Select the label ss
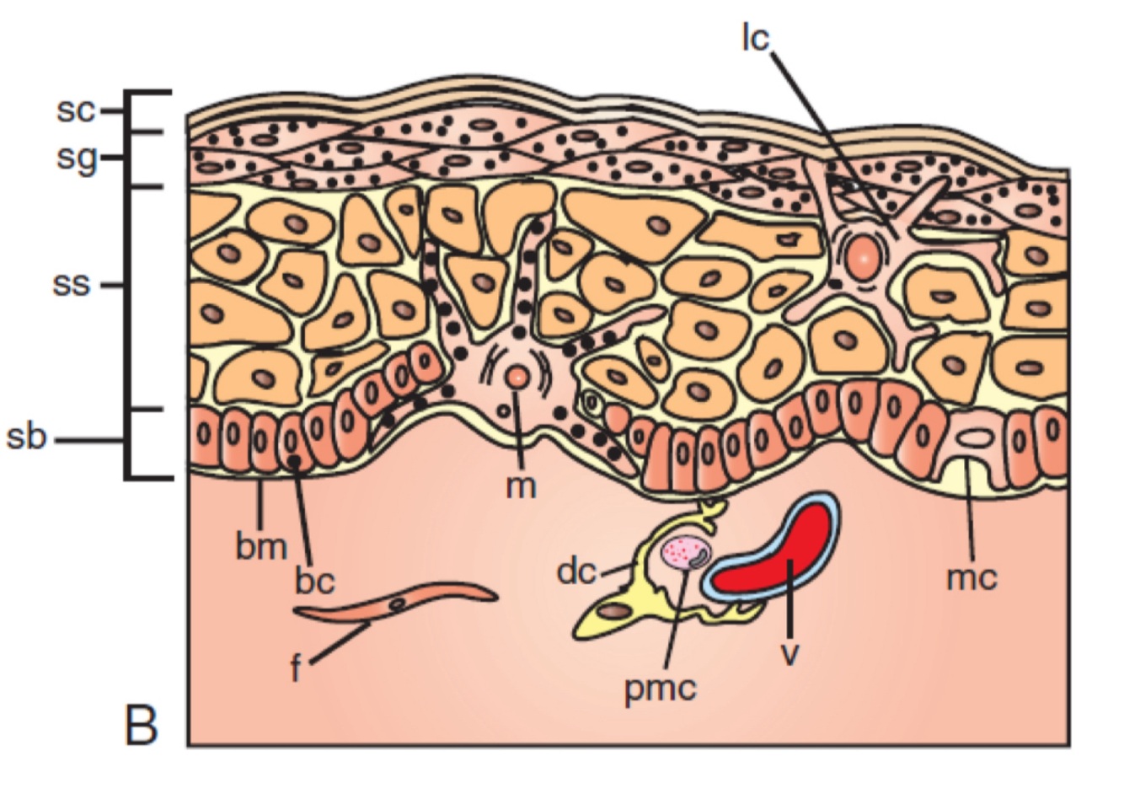click(71, 285)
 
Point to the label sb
click(26, 439)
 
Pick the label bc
click(315, 581)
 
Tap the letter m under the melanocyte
click(521, 486)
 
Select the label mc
click(971, 578)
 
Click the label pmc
click(661, 689)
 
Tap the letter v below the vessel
click(789, 652)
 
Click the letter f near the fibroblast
click(296, 672)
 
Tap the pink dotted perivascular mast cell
click(687, 553)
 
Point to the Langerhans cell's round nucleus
click(863, 256)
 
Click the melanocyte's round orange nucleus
click(517, 377)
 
